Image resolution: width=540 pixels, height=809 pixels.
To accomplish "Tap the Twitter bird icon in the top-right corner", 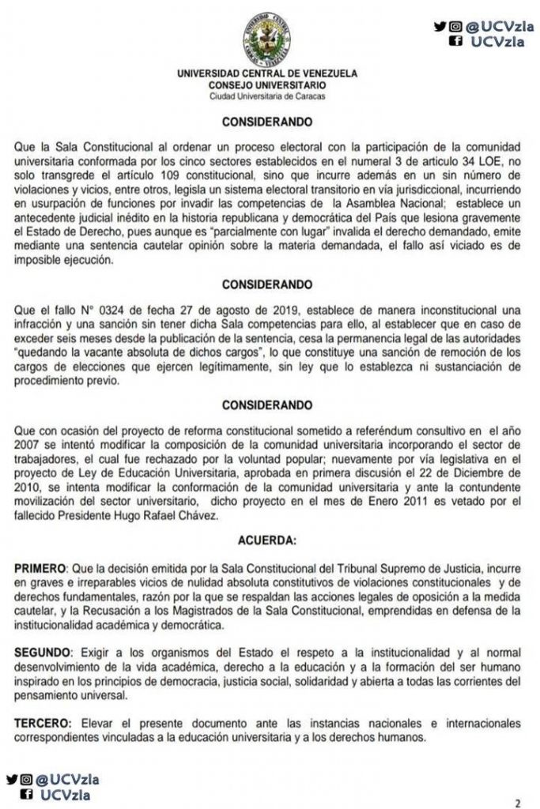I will coord(439,26).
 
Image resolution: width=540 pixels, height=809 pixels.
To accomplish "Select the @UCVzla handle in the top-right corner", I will coord(500,26).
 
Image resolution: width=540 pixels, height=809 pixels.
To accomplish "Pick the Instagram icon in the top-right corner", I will coord(455,26).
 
